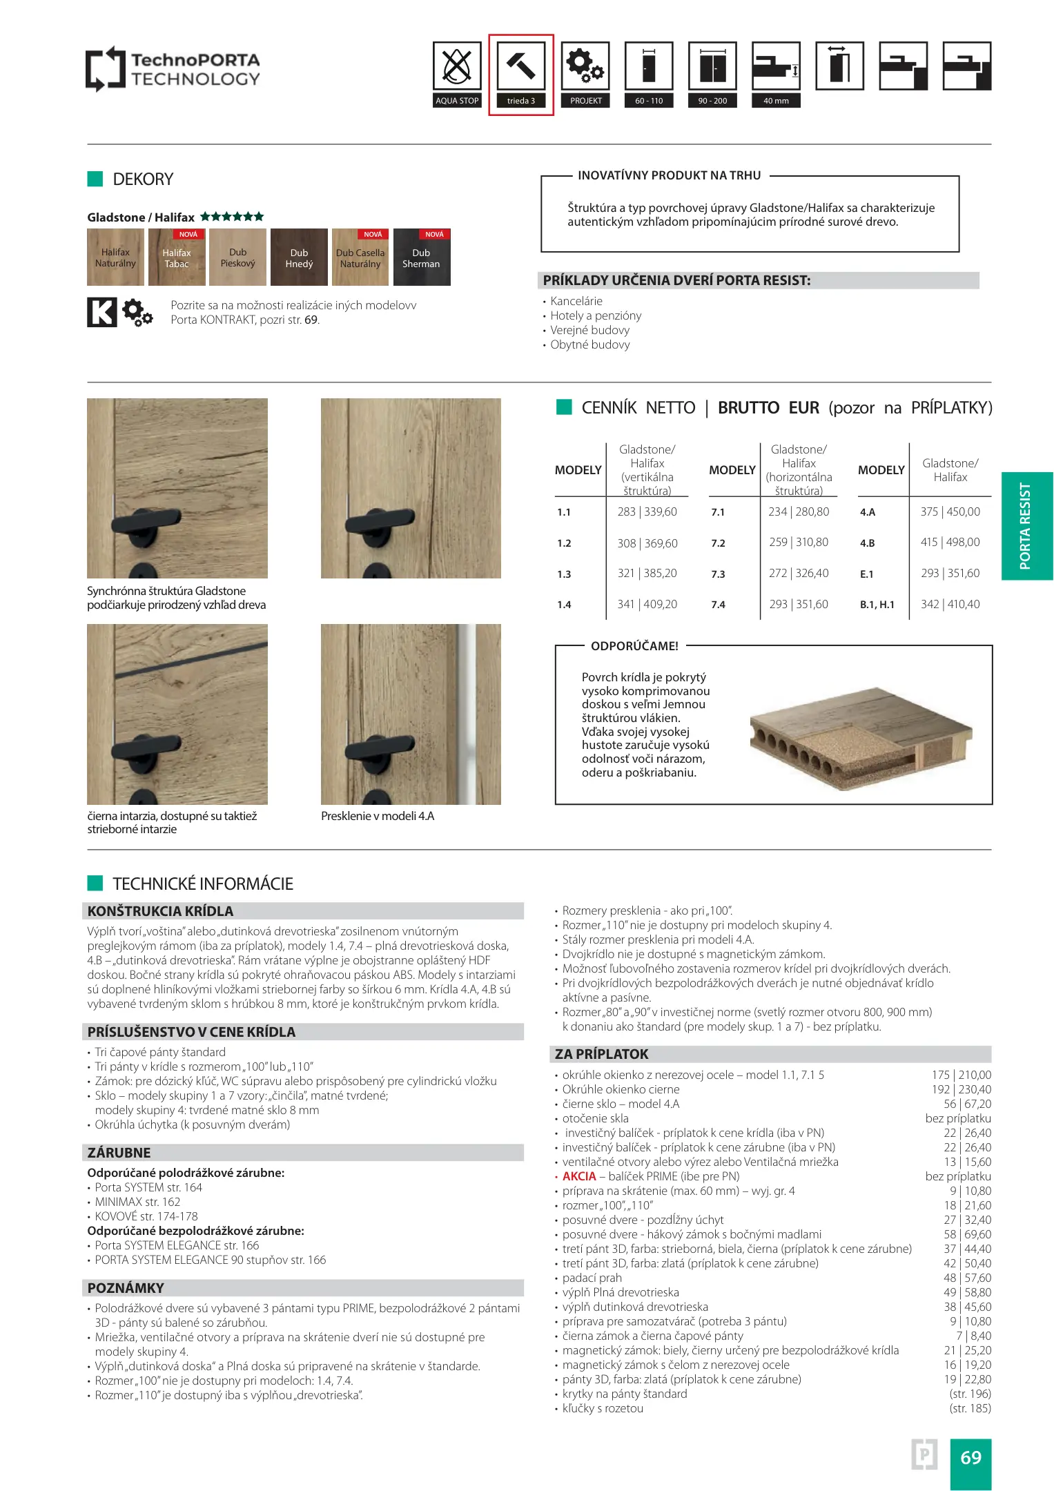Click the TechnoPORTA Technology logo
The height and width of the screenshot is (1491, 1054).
[173, 69]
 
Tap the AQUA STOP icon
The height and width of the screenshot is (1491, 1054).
[456, 66]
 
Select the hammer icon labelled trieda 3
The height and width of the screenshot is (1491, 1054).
[520, 66]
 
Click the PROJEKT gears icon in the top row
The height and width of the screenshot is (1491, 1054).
[585, 66]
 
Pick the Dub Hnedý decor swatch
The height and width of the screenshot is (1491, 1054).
[299, 257]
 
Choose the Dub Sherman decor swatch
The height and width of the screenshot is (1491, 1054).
[421, 257]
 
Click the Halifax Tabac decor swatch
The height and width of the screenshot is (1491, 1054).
[177, 257]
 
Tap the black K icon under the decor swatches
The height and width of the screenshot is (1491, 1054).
[101, 312]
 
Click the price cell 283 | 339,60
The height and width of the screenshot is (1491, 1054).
[647, 512]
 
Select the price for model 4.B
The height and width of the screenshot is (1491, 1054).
[950, 543]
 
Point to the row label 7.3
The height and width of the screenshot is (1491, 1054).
[718, 574]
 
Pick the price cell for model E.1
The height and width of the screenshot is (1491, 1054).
[950, 574]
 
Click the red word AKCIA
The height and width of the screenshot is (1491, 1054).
[578, 1176]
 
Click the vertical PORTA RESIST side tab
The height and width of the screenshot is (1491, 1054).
[1026, 526]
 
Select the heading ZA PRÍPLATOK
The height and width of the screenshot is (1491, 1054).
[601, 1054]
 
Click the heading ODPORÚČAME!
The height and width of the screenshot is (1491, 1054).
[634, 646]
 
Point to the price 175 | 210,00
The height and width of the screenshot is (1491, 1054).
[961, 1075]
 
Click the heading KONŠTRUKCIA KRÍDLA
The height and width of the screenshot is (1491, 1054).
[160, 911]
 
